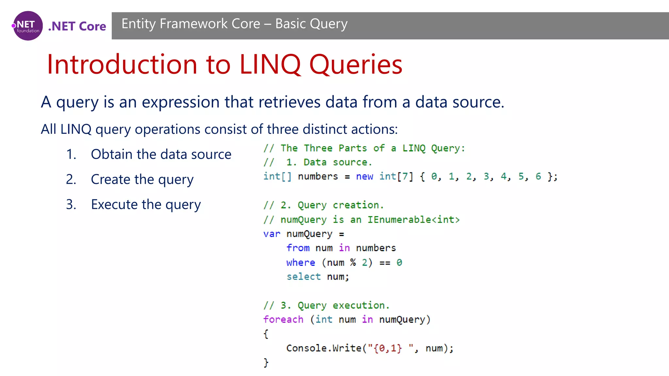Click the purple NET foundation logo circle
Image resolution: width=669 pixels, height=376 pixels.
pos(28,26)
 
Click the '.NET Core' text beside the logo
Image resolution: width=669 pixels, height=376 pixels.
pos(77,26)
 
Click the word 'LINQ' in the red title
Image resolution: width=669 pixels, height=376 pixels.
pos(270,64)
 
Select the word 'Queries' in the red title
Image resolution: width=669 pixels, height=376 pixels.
pos(356,64)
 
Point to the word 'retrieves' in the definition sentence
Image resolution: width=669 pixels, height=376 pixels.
pos(289,102)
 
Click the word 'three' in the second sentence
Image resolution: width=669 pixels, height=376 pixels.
pos(283,129)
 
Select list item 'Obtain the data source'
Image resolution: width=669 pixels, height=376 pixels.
pos(161,154)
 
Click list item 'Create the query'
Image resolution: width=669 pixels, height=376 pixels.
pos(142,180)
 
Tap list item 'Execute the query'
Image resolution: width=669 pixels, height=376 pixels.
pos(146,205)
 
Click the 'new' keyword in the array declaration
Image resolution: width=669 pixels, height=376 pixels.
pos(365,177)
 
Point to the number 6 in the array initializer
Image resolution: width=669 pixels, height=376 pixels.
pos(538,177)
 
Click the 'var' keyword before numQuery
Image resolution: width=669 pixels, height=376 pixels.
pos(272,234)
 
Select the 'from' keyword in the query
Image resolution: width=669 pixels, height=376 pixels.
pos(298,248)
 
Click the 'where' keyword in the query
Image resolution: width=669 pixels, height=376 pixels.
pos(301,263)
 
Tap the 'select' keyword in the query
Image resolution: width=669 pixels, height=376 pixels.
pos(303,277)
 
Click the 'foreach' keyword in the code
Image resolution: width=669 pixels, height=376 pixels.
pos(283,320)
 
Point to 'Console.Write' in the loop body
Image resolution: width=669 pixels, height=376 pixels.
pos(324,348)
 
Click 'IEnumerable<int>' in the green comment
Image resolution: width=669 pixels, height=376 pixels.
pos(413,220)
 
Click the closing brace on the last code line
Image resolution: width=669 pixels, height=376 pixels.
pos(266,363)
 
